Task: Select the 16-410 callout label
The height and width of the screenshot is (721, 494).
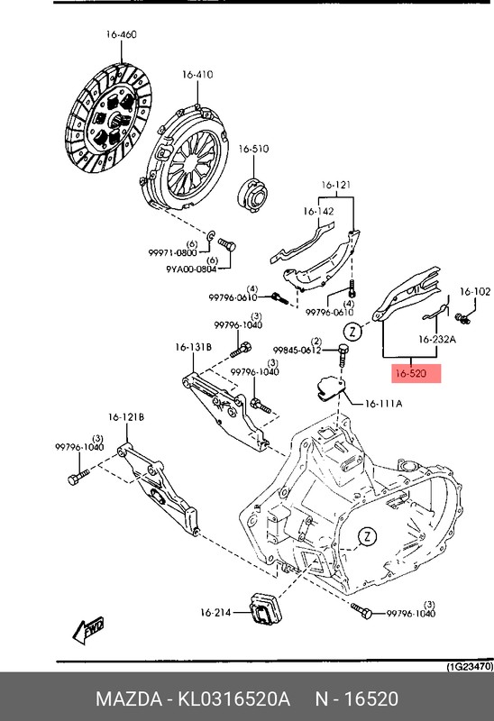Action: pyautogui.click(x=197, y=74)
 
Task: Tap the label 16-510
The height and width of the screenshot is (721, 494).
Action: pyautogui.click(x=253, y=149)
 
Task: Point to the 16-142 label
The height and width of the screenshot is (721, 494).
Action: pyautogui.click(x=318, y=212)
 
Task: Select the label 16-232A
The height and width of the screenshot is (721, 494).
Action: pyautogui.click(x=437, y=340)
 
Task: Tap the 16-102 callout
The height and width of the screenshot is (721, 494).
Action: pyautogui.click(x=475, y=291)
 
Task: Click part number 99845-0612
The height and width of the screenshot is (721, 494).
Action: pyautogui.click(x=298, y=351)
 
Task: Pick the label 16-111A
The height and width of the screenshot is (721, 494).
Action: pyautogui.click(x=383, y=403)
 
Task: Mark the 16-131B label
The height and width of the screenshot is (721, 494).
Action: pyautogui.click(x=193, y=346)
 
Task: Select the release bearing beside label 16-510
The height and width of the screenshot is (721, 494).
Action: pyautogui.click(x=250, y=191)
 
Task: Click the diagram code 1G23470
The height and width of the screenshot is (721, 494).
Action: pyautogui.click(x=469, y=667)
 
